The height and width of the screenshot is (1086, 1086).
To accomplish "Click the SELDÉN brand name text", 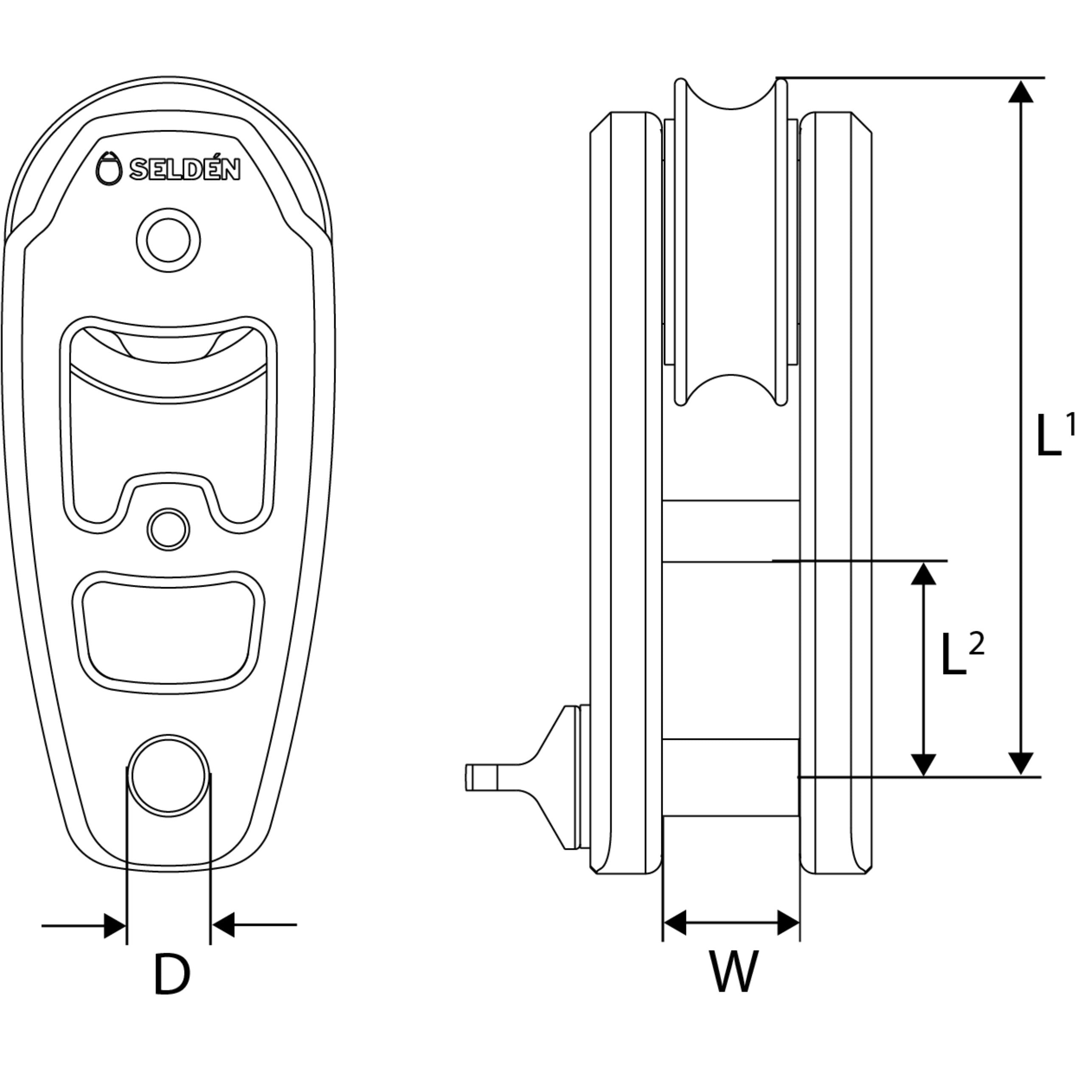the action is click(x=185, y=169).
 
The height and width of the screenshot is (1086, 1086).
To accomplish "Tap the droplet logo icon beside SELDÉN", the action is click(x=109, y=168).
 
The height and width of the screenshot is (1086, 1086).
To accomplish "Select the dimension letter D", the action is click(x=171, y=974).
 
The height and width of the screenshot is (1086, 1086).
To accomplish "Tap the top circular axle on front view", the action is click(x=168, y=240).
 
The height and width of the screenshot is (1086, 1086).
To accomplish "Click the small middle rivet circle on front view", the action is click(x=168, y=529).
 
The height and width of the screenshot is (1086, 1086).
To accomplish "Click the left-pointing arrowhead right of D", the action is click(x=223, y=941).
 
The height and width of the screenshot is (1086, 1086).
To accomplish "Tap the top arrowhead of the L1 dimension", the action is click(x=1020, y=92).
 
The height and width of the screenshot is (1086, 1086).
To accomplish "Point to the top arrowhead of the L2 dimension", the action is click(x=924, y=574).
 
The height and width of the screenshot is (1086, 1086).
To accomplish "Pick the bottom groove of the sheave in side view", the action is click(x=731, y=389).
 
